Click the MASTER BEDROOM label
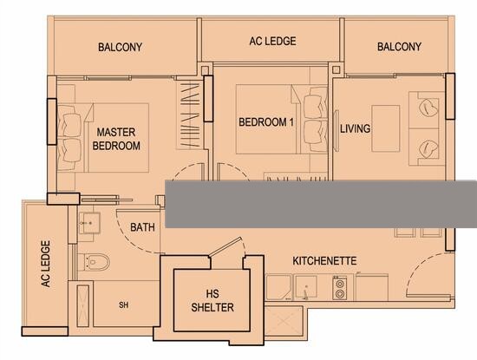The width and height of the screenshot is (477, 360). click(116, 139)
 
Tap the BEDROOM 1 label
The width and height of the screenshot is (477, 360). click(266, 122)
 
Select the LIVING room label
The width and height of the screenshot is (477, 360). click(355, 128)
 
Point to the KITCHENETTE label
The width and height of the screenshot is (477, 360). click(324, 261)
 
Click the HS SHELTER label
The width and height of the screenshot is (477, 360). click(212, 301)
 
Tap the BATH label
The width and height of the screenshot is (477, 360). click(142, 227)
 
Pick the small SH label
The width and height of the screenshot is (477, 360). click(123, 305)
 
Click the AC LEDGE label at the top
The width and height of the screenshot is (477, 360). click(272, 41)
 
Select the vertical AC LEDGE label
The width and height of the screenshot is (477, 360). click(45, 264)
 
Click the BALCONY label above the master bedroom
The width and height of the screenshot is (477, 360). click(120, 47)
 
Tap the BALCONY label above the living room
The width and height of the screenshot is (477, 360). click(399, 47)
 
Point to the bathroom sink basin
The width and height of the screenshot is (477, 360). click(89, 223)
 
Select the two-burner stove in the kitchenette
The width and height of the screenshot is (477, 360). click(340, 288)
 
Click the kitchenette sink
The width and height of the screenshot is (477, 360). click(306, 287)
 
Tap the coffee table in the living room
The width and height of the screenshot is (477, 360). click(385, 128)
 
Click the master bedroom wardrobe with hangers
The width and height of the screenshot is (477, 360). click(189, 115)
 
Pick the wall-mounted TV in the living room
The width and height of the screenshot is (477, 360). click(337, 130)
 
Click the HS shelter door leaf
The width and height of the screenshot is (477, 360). click(225, 245)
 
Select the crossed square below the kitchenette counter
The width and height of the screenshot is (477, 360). click(284, 320)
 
